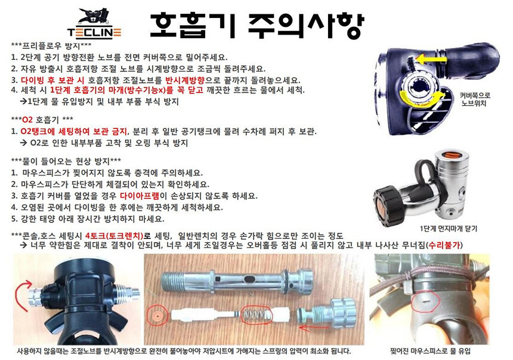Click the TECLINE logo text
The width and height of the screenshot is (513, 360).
tap(94, 32)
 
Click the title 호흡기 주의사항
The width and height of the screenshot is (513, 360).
tap(257, 25)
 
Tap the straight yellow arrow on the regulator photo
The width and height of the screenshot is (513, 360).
tap(431, 60)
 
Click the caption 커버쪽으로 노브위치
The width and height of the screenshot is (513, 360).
tap(475, 100)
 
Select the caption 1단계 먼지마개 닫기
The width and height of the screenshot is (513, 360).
tap(449, 228)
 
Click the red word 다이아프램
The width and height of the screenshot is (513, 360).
tap(140, 196)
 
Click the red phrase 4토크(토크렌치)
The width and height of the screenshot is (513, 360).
tap(114, 236)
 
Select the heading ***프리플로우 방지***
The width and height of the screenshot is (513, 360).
tap(51, 46)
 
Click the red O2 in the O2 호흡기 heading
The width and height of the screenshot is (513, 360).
tap(27, 119)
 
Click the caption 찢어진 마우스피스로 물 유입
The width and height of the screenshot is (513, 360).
tap(430, 351)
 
